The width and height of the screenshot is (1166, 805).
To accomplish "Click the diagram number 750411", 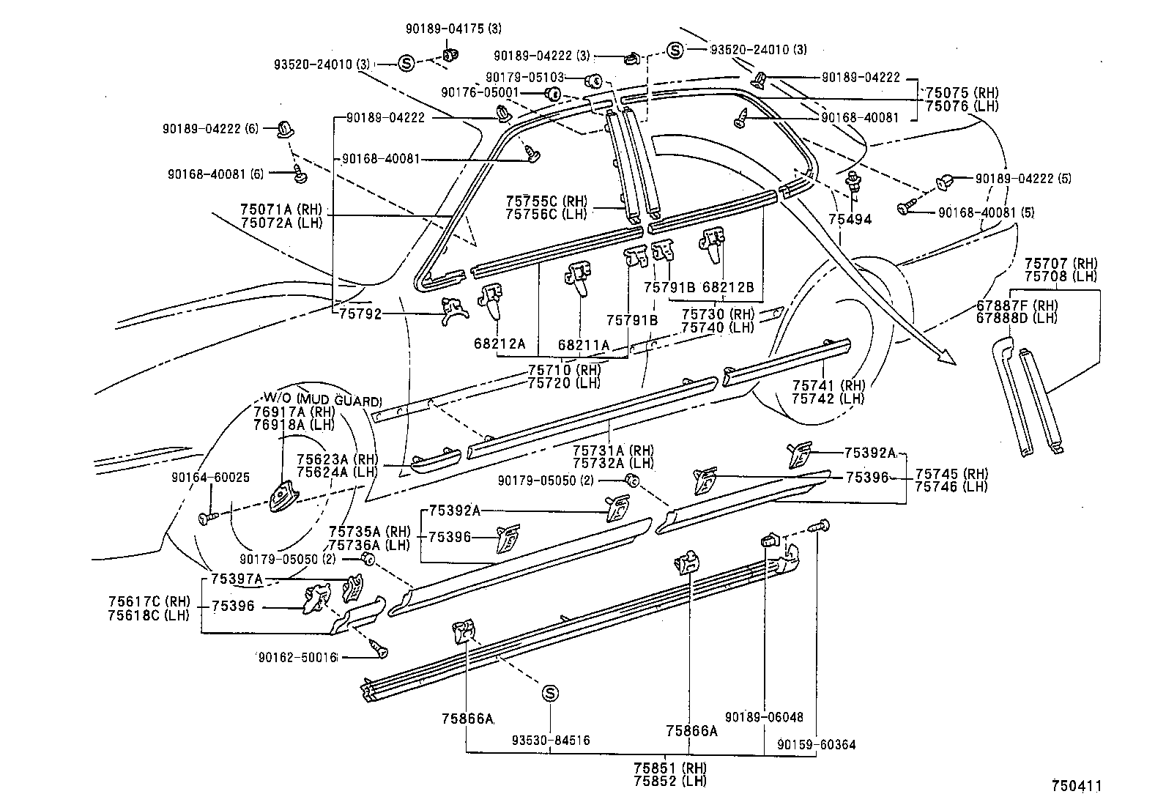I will tap(1076, 786).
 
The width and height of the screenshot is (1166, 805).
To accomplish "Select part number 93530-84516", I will tap(551, 741).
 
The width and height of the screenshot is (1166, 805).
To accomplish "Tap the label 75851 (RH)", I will tap(670, 768).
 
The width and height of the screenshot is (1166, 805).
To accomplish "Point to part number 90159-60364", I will tap(816, 745).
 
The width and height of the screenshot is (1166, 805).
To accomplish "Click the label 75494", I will tap(850, 219).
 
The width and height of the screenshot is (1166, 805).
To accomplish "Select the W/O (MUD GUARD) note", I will tap(318, 401).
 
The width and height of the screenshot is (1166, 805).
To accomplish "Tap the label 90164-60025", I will tap(210, 477).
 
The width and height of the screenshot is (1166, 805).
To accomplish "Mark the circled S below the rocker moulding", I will tap(551, 693).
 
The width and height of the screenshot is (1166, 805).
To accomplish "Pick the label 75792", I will tap(360, 314).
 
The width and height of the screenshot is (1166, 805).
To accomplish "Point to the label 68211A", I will tap(583, 344).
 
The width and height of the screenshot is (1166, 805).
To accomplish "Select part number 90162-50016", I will tap(296, 657).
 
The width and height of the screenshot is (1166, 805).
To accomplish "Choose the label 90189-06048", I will tap(764, 717).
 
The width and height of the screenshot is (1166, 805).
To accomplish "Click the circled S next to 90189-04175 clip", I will tap(407, 64).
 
